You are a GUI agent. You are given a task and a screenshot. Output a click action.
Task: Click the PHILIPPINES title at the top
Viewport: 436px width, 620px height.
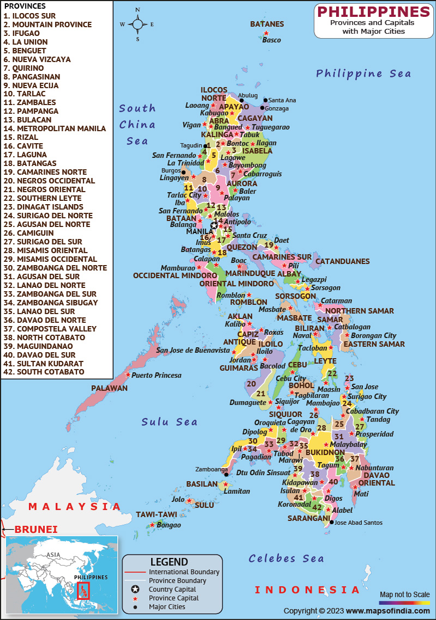[x=373, y=11]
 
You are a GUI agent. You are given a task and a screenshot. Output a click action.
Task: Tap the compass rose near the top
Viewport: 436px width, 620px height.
[x=137, y=24]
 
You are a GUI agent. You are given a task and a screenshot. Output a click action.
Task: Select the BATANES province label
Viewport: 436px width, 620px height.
[x=267, y=24]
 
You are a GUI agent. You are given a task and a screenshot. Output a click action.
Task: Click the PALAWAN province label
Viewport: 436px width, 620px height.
[x=109, y=388]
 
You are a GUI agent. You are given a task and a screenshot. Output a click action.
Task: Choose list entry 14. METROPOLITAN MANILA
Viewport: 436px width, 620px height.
[x=55, y=128]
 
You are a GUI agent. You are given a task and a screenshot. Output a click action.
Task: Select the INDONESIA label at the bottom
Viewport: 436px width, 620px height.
[x=307, y=590]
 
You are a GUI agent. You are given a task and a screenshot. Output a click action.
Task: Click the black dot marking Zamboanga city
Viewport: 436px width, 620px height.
[x=226, y=474]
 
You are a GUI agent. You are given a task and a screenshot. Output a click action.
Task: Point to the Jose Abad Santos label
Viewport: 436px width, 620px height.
[x=358, y=523]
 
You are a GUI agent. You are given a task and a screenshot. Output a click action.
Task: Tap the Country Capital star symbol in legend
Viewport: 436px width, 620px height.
[x=135, y=589]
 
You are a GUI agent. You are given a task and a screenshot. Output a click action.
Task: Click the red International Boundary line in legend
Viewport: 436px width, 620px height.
[x=135, y=572]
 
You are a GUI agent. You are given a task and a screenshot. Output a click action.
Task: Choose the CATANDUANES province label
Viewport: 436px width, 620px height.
[x=342, y=261]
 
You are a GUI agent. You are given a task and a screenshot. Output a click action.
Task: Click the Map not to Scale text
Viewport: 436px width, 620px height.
[x=404, y=594]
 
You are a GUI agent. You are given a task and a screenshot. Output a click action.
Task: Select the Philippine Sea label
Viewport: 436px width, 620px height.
[x=364, y=73]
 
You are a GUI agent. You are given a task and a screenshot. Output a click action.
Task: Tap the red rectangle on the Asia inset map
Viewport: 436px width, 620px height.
[x=83, y=590]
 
